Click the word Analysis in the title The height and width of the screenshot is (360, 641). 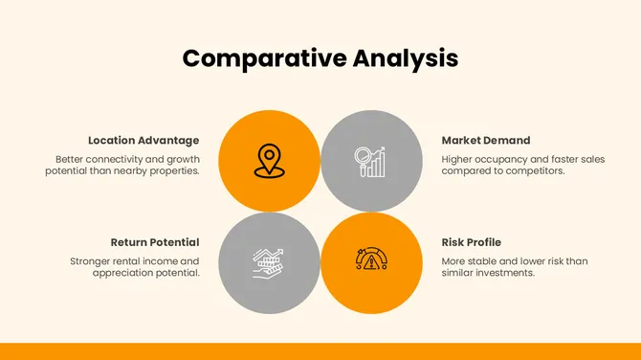pyautogui.click(x=405, y=57)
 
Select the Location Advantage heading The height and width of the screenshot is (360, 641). pyautogui.click(x=144, y=140)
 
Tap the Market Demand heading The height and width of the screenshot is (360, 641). pyautogui.click(x=485, y=140)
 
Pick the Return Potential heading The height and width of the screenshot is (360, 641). pyautogui.click(x=154, y=242)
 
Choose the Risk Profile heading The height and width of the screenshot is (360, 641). pyautogui.click(x=471, y=242)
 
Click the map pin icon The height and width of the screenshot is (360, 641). pyautogui.click(x=269, y=161)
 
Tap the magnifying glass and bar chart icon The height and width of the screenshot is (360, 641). pyautogui.click(x=370, y=161)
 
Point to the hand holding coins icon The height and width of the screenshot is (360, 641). pyautogui.click(x=269, y=262)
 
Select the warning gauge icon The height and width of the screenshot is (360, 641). pyautogui.click(x=370, y=261)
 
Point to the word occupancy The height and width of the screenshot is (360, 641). pyautogui.click(x=501, y=159)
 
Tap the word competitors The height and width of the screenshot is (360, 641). pyautogui.click(x=536, y=170)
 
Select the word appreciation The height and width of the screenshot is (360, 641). pyautogui.click(x=123, y=273)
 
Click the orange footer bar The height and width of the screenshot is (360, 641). pyautogui.click(x=320, y=351)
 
